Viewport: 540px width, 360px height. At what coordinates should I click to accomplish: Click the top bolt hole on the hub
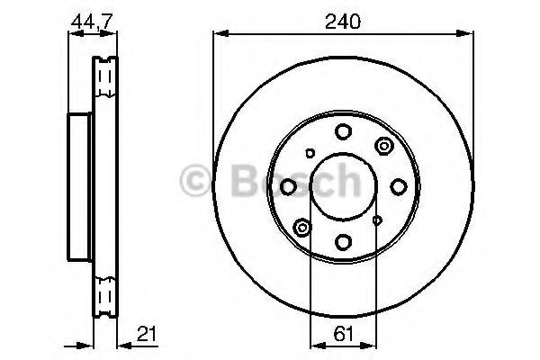343,132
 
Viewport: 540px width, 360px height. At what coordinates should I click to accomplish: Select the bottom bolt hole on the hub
343,240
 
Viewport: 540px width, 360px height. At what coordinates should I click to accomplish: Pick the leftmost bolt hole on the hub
289,186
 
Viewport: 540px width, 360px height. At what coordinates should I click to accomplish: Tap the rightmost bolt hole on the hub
397,186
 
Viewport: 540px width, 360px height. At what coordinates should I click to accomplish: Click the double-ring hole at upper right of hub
384,147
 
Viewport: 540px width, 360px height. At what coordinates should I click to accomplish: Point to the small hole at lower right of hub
376,219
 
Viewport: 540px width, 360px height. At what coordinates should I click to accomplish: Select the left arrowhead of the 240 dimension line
218,34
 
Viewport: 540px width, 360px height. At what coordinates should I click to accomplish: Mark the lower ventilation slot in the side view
105,292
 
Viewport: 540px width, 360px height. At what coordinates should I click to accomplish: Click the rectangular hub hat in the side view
79,184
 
